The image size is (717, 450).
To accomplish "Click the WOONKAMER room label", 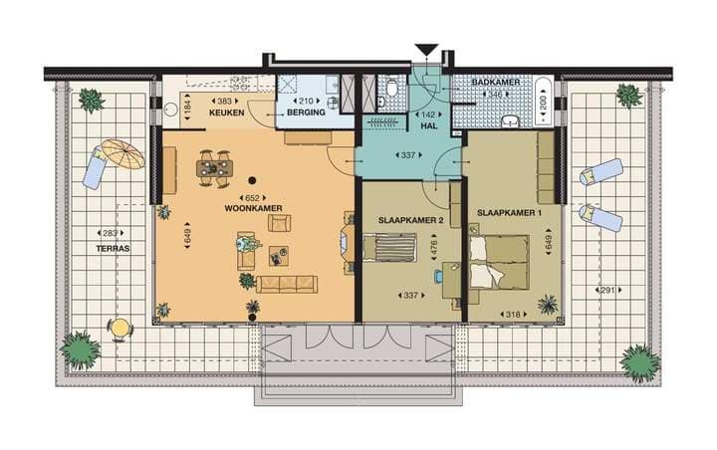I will [253, 208].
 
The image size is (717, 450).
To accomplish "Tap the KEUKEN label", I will [227, 113].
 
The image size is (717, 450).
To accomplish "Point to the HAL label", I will [428, 127].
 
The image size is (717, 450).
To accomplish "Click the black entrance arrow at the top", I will [426, 50].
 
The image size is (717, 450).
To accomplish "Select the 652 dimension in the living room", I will [253, 197].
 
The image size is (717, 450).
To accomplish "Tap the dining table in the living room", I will [215, 168].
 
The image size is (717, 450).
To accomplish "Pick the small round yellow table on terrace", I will [119, 327].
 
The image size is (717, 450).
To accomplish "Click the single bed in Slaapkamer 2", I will [389, 247].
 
